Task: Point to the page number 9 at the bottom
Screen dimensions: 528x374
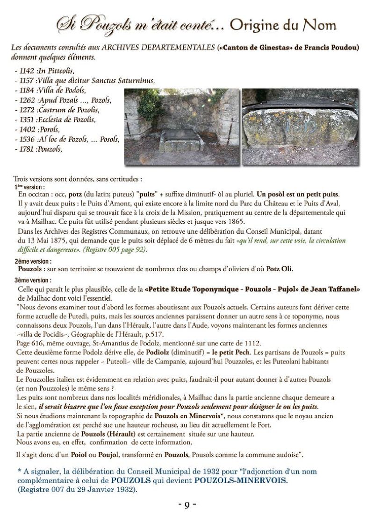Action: pyautogui.click(x=187, y=506)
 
